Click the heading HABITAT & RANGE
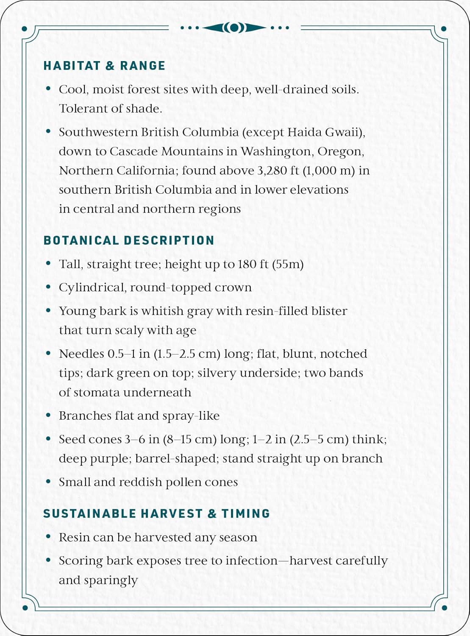point(104,66)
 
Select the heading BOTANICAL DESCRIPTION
point(129,240)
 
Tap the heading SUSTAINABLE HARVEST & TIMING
point(156,513)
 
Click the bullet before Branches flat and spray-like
point(48,416)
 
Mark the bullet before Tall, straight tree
point(48,264)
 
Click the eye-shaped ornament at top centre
point(234,28)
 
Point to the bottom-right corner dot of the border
point(444,608)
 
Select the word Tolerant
point(83,109)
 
